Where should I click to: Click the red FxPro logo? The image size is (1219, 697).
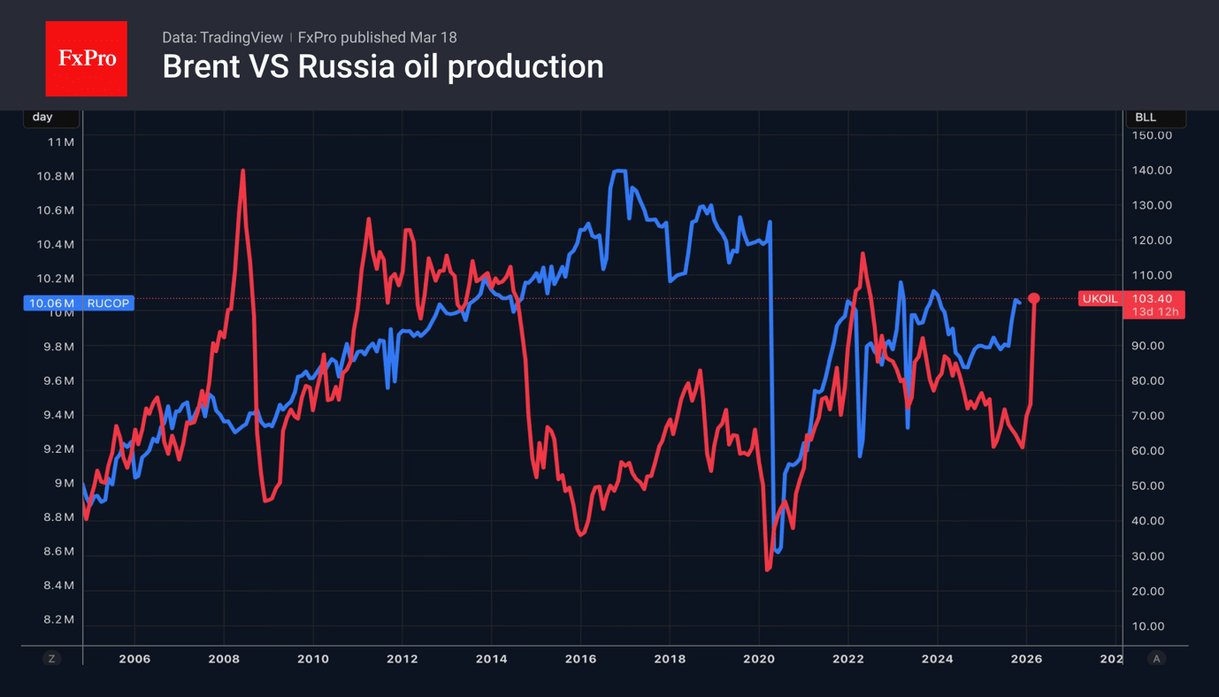click(x=86, y=59)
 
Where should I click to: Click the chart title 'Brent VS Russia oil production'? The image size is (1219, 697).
click(x=382, y=67)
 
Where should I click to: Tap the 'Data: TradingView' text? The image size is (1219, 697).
click(x=222, y=37)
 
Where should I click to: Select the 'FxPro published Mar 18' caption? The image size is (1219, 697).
click(x=378, y=37)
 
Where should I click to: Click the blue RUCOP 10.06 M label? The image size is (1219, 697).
click(x=79, y=303)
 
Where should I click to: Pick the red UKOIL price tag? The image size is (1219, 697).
click(x=1131, y=300)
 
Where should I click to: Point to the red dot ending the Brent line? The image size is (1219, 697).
click(x=1033, y=299)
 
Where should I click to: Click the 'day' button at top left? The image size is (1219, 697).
click(x=42, y=117)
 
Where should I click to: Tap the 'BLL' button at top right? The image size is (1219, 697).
click(x=1146, y=117)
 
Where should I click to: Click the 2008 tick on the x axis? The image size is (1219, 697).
click(x=224, y=659)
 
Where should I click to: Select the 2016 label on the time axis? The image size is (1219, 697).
click(x=580, y=659)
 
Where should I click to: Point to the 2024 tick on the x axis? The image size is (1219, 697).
click(x=937, y=659)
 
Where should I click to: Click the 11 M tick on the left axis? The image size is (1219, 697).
click(x=61, y=142)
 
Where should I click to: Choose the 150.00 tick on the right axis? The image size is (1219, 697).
click(x=1152, y=135)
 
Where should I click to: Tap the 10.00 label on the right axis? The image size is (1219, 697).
click(x=1148, y=626)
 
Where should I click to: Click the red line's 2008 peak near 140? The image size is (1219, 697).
click(x=242, y=171)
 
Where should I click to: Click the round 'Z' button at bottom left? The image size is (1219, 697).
click(x=51, y=658)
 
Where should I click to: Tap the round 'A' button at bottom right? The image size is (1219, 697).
click(x=1156, y=658)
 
